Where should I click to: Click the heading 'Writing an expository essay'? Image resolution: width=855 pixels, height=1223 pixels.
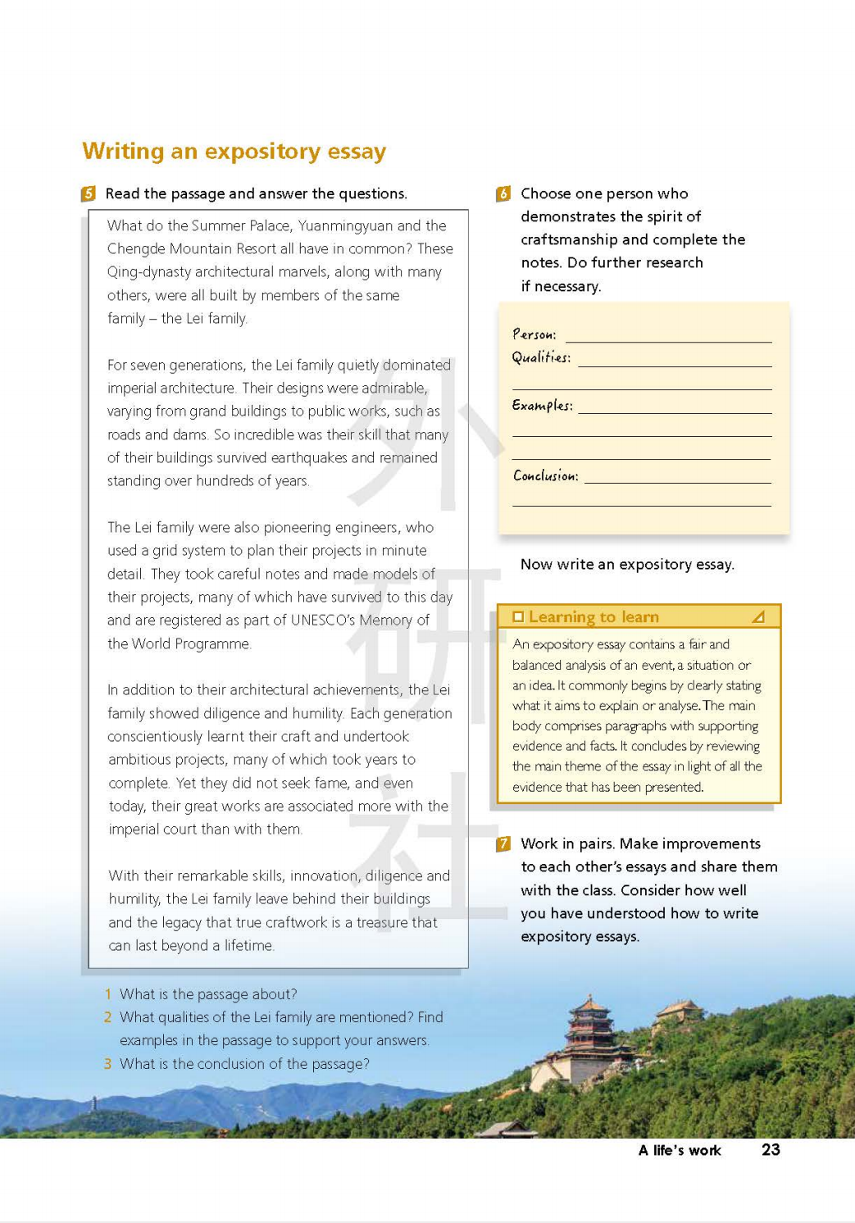[234, 152]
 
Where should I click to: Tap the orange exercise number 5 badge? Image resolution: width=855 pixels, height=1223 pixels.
[89, 193]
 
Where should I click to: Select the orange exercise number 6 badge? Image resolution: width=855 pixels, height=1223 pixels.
[503, 193]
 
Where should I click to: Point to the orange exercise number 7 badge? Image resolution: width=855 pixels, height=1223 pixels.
[503, 843]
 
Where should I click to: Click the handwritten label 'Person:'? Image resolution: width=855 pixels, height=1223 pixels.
[534, 334]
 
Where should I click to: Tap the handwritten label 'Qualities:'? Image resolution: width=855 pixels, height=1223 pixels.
[541, 357]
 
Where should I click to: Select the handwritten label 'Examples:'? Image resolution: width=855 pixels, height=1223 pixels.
[542, 405]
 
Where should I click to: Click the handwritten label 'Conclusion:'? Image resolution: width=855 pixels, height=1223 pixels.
[545, 475]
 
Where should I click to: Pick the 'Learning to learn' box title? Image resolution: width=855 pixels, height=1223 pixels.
[593, 617]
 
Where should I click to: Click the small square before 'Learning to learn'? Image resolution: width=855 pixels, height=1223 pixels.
[518, 617]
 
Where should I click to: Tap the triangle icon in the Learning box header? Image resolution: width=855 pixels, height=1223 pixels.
[758, 616]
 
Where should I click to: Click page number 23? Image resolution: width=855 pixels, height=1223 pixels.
[771, 1149]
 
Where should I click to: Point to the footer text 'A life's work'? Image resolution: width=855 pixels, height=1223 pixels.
[680, 1150]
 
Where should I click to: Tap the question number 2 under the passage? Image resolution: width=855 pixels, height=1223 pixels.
[107, 1017]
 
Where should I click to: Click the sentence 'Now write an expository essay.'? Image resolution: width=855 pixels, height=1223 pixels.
[627, 564]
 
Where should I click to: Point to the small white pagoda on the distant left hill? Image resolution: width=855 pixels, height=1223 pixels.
[95, 1104]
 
